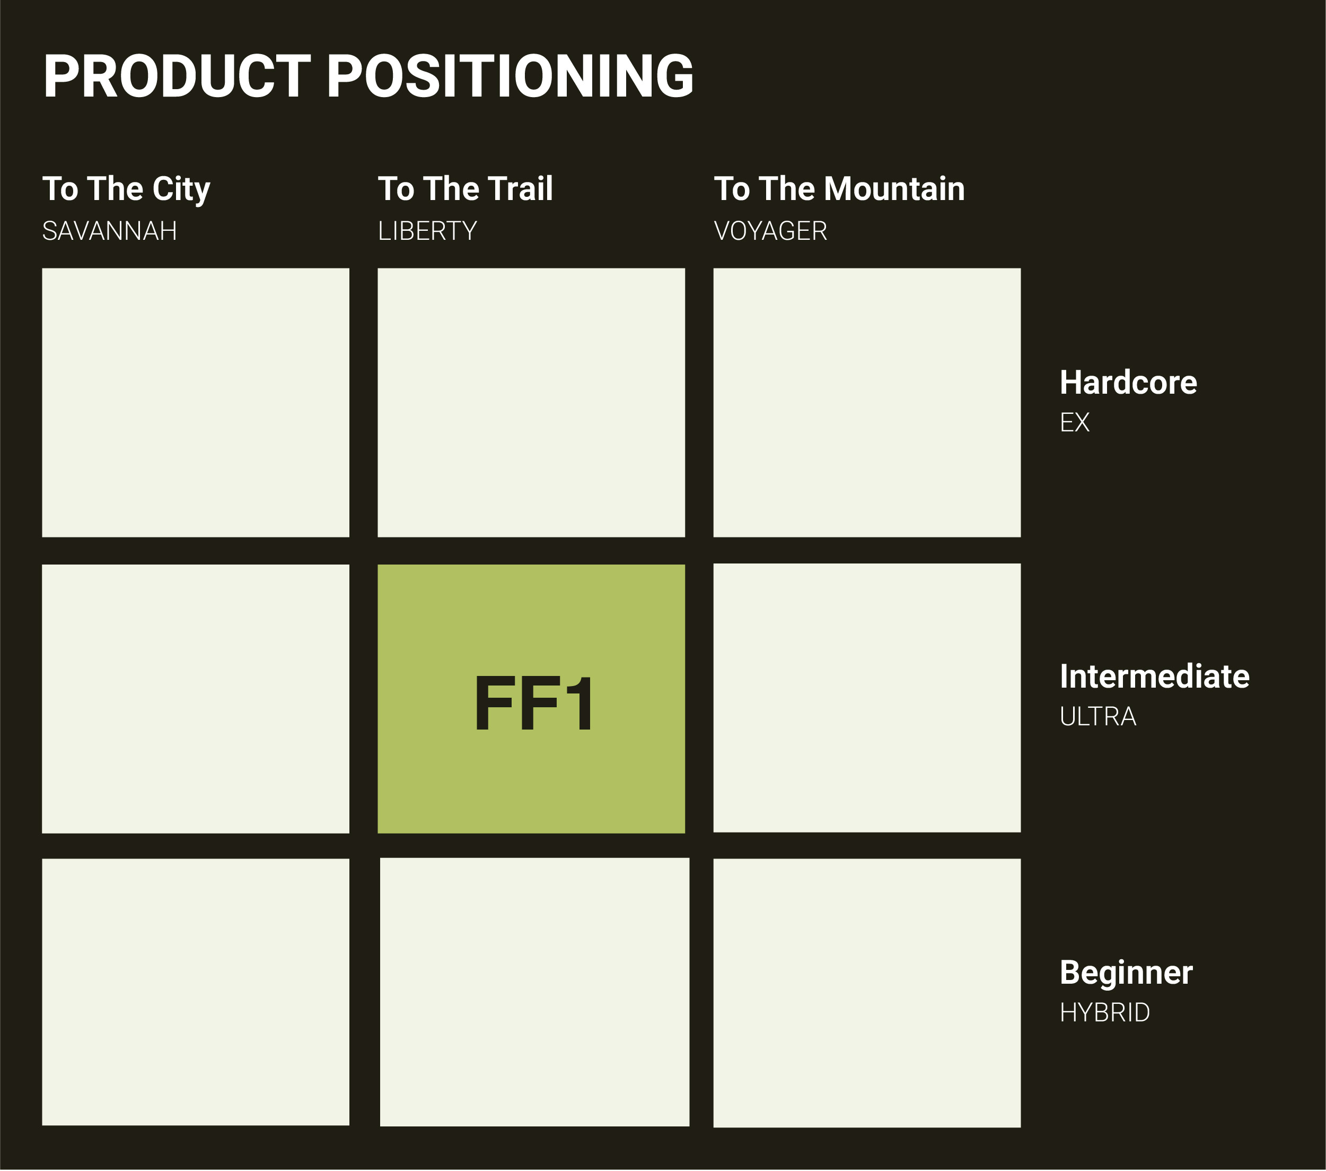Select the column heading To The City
point(127,189)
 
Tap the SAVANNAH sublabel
point(110,231)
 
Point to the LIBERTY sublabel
point(427,231)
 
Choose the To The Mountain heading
point(839,189)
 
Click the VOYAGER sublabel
point(771,231)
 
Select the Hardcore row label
point(1128,383)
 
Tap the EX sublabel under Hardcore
point(1074,422)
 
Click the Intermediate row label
point(1155,676)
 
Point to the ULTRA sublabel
point(1097,717)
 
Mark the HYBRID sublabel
point(1105,1012)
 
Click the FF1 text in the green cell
point(533,704)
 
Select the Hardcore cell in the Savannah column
point(195,403)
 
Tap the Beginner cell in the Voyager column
point(867,993)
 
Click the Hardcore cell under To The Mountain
point(867,403)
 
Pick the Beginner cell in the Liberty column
point(534,992)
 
